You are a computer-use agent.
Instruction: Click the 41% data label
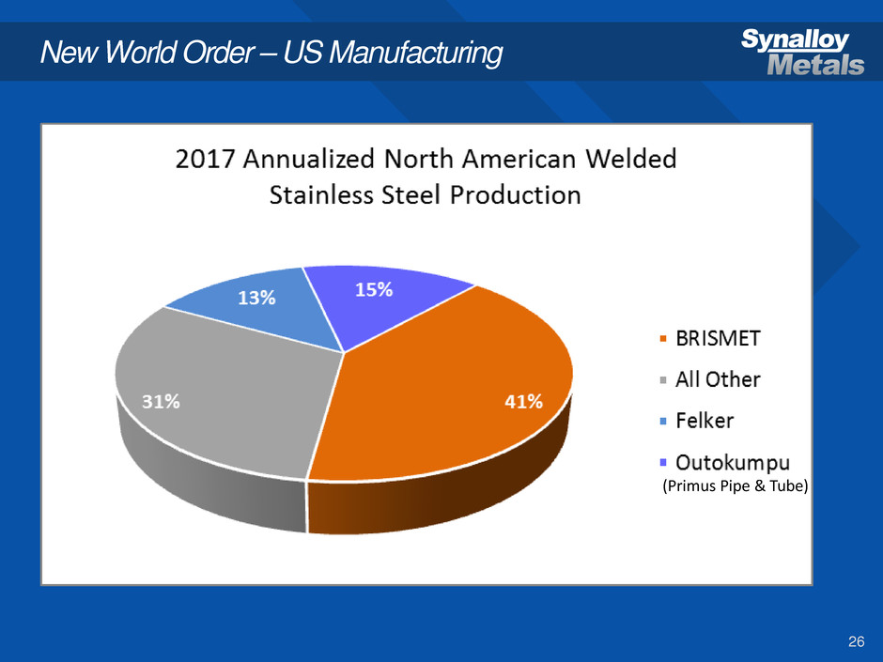click(523, 402)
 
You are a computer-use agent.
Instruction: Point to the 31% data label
click(162, 401)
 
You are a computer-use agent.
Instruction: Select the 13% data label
click(256, 298)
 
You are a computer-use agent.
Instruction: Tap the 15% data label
click(373, 290)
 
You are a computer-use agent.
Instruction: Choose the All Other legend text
click(719, 380)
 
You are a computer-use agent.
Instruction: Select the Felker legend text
click(705, 422)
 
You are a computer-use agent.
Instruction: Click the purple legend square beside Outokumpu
click(665, 463)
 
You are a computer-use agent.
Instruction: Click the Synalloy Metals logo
click(802, 53)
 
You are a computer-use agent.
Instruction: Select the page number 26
click(855, 641)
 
